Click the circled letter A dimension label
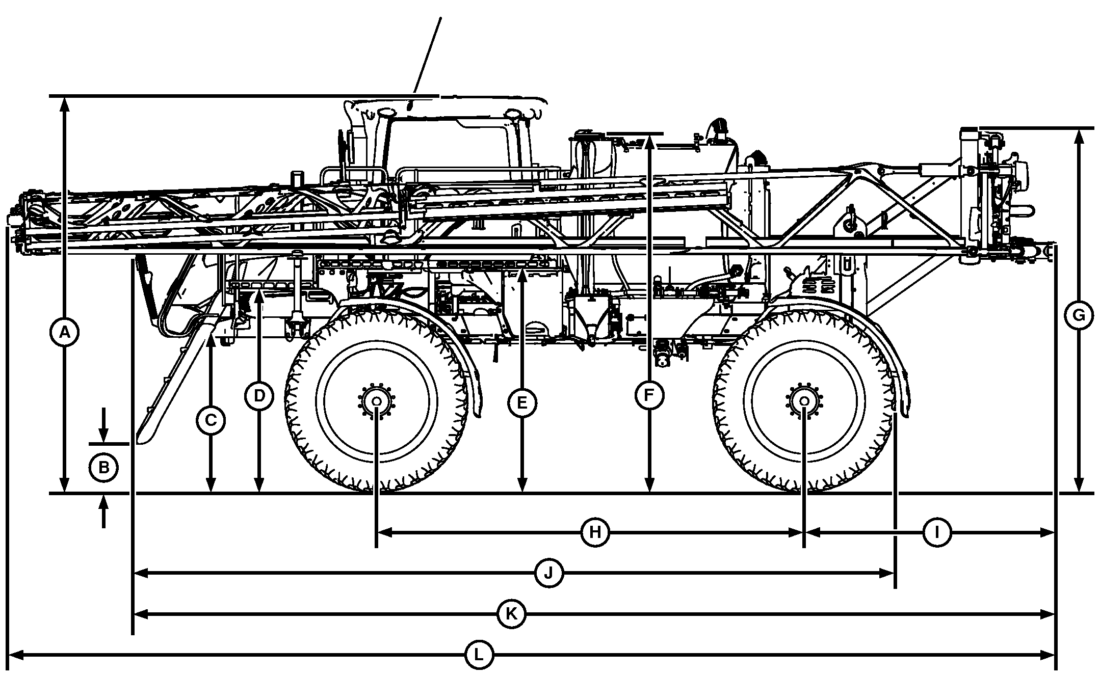[64, 333]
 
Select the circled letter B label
[103, 467]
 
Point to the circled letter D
[259, 396]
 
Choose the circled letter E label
[521, 403]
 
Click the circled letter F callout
[649, 396]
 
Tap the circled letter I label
[937, 533]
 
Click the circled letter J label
[548, 574]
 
